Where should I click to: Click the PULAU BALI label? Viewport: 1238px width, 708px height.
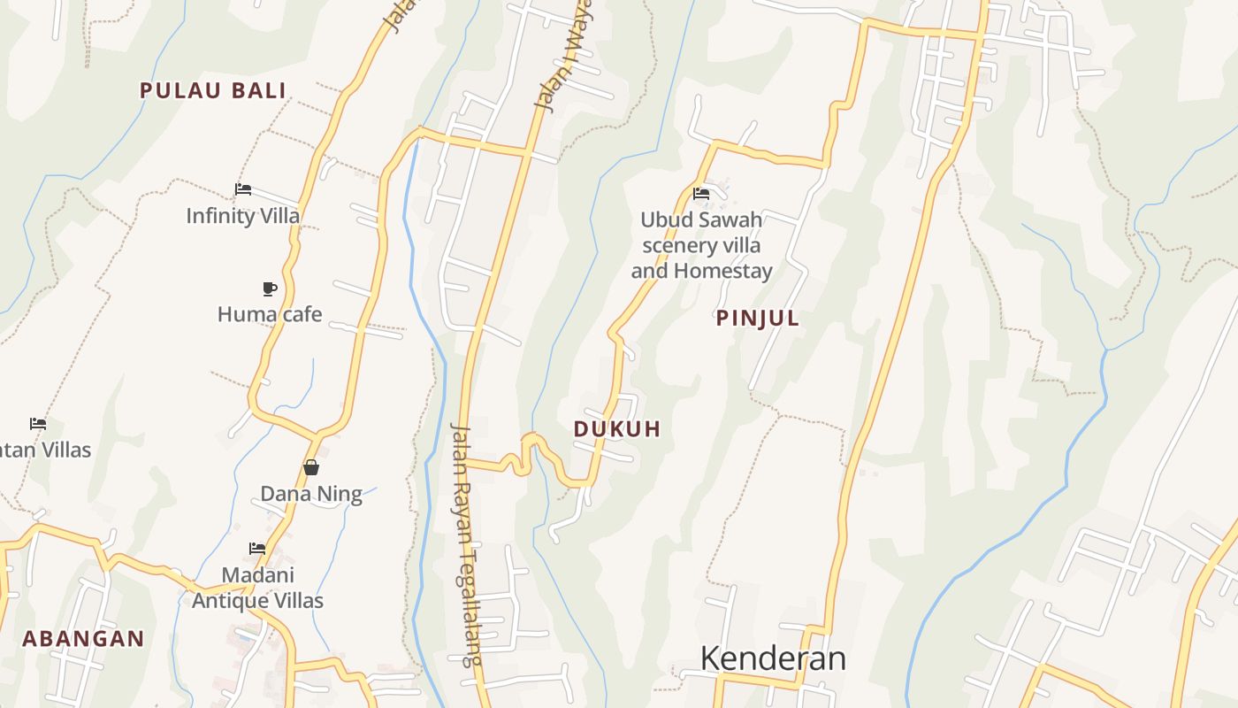point(213,90)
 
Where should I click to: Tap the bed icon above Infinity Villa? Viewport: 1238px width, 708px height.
point(243,189)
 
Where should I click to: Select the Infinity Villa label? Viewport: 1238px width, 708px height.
point(243,216)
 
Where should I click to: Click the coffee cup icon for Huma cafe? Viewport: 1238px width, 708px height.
point(270,289)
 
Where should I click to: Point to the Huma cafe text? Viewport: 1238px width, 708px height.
point(270,314)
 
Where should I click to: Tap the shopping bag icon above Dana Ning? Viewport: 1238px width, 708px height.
point(311,467)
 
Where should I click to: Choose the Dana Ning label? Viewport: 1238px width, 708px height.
point(311,494)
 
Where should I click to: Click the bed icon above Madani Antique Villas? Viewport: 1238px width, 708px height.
point(257,549)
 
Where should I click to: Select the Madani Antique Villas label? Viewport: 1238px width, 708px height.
point(258,588)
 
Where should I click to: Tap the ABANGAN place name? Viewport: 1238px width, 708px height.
point(83,639)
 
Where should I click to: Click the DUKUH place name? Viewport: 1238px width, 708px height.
point(617,429)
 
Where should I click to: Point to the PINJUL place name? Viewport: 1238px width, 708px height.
point(758,319)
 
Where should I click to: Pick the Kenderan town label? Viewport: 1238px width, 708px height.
point(773,658)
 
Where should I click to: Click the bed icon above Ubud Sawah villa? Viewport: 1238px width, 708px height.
point(701,193)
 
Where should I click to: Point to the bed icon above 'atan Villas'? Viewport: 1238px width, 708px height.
point(38,424)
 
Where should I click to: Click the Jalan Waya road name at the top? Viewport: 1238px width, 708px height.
point(563,58)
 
